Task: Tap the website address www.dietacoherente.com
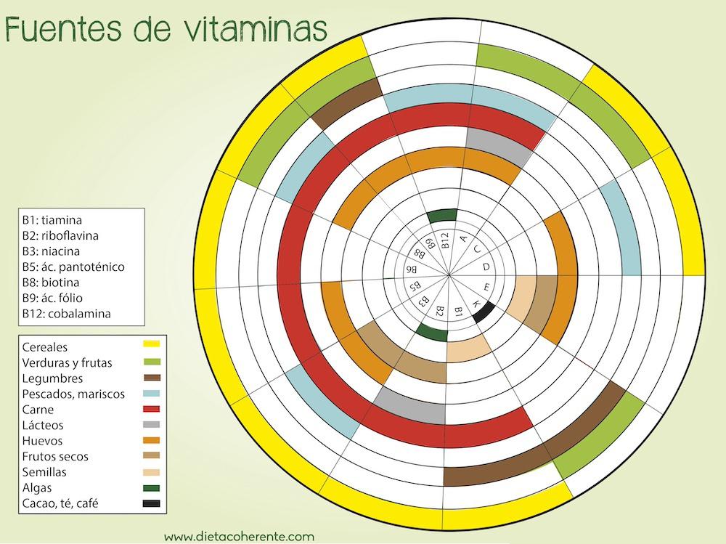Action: pos(239,537)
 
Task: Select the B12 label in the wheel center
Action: pos(444,240)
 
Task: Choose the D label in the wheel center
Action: pos(486,267)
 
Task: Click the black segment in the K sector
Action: pos(484,312)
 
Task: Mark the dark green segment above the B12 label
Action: pos(442,215)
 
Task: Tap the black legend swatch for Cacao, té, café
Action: pos(151,503)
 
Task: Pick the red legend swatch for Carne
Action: pos(151,408)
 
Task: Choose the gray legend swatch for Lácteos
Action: pos(151,424)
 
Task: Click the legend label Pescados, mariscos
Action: pos(73,394)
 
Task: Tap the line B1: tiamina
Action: pos(52,219)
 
